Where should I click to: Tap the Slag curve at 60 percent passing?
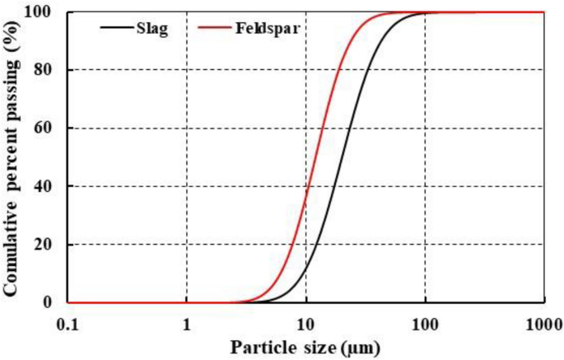349,129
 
